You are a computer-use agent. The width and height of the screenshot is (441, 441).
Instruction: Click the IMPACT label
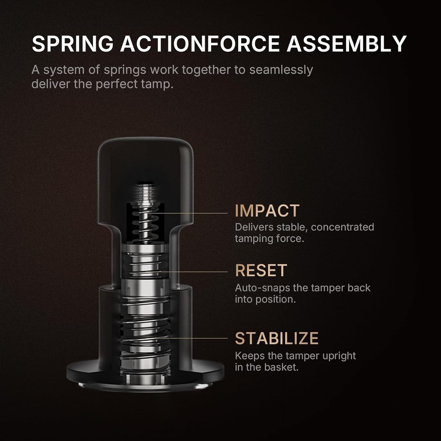pos(267,211)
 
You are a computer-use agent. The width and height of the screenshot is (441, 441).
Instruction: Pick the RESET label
pos(261,270)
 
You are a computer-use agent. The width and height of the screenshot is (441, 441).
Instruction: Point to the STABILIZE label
pos(276,339)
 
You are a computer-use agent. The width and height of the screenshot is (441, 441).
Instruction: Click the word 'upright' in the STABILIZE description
pos(337,356)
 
